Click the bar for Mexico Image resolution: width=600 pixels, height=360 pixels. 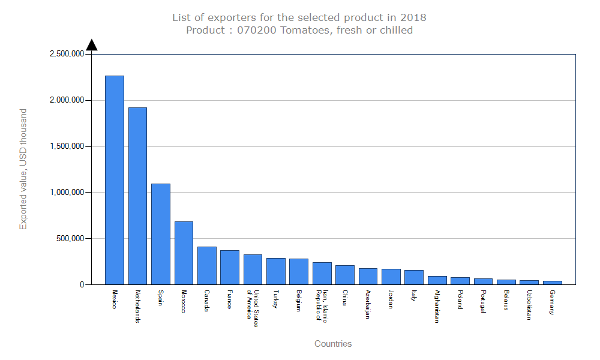click(x=114, y=180)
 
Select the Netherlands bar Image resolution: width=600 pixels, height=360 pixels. click(x=137, y=196)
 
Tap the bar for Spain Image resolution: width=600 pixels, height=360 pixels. click(x=160, y=234)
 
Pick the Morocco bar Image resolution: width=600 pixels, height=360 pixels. click(x=184, y=253)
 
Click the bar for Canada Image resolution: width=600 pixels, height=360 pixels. click(x=206, y=265)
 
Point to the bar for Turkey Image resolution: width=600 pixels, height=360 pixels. click(x=276, y=271)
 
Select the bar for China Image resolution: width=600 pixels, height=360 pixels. click(x=345, y=275)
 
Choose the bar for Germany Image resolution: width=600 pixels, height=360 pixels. click(x=553, y=283)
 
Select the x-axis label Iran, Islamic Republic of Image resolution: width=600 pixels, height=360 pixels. click(x=322, y=306)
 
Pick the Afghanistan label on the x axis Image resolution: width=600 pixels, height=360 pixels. click(x=437, y=307)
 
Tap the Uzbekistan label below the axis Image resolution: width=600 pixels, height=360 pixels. click(x=529, y=305)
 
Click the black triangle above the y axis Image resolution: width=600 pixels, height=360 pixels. click(x=91, y=45)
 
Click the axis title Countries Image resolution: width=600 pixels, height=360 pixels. click(x=333, y=344)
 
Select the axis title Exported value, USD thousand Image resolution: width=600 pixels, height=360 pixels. click(x=23, y=169)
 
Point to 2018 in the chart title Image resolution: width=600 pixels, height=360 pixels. click(x=414, y=17)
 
